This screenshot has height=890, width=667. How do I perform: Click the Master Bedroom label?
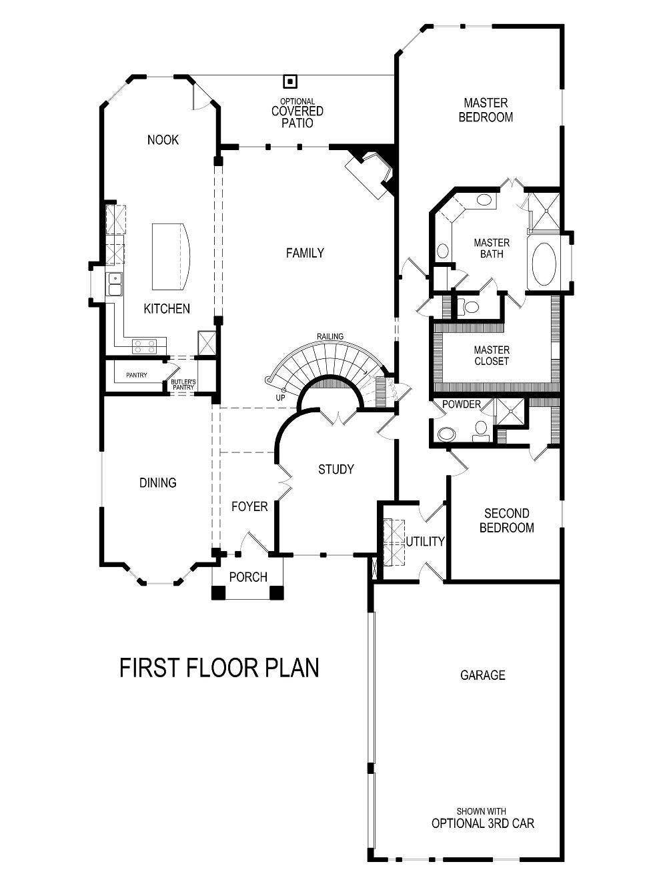click(x=486, y=110)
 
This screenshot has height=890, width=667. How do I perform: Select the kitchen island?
click(x=170, y=257)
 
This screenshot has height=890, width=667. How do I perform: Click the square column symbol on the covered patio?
click(x=290, y=81)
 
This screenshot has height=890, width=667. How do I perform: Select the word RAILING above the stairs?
click(x=330, y=336)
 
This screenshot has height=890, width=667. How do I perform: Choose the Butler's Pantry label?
click(x=183, y=384)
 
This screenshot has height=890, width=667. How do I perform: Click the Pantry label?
click(x=136, y=376)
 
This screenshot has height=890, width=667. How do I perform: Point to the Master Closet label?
click(x=492, y=356)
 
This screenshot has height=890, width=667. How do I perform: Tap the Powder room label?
click(x=461, y=404)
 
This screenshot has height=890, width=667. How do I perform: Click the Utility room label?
click(x=425, y=541)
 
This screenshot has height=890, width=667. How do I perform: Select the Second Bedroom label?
click(x=508, y=520)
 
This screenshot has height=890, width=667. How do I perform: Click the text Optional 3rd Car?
click(x=482, y=823)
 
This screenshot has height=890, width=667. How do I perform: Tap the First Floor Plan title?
click(x=219, y=667)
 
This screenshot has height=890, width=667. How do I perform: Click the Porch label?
click(x=247, y=577)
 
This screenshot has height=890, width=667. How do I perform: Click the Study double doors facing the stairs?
click(x=340, y=416)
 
